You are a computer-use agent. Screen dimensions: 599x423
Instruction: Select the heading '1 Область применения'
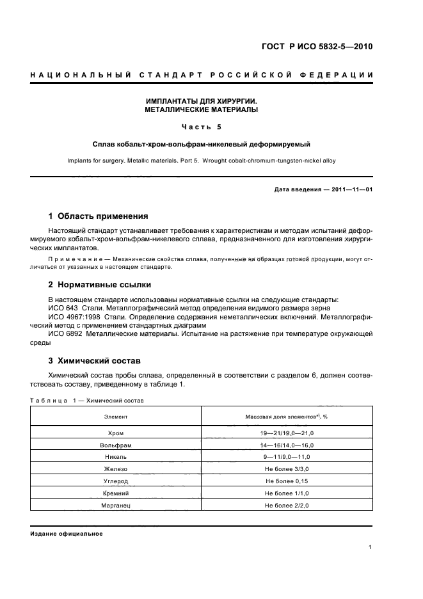99,216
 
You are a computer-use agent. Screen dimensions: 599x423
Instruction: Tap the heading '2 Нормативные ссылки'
100,285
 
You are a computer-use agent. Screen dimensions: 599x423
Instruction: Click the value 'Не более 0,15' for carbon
287,481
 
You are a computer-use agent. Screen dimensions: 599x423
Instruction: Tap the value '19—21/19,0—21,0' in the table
287,434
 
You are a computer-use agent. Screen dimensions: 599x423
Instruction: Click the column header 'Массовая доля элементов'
287,417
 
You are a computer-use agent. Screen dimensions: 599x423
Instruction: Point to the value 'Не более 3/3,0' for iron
287,469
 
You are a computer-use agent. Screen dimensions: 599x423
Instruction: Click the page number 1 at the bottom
371,547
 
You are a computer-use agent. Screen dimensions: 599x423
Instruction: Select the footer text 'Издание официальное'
67,534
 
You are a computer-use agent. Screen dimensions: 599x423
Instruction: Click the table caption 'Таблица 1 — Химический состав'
87,401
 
